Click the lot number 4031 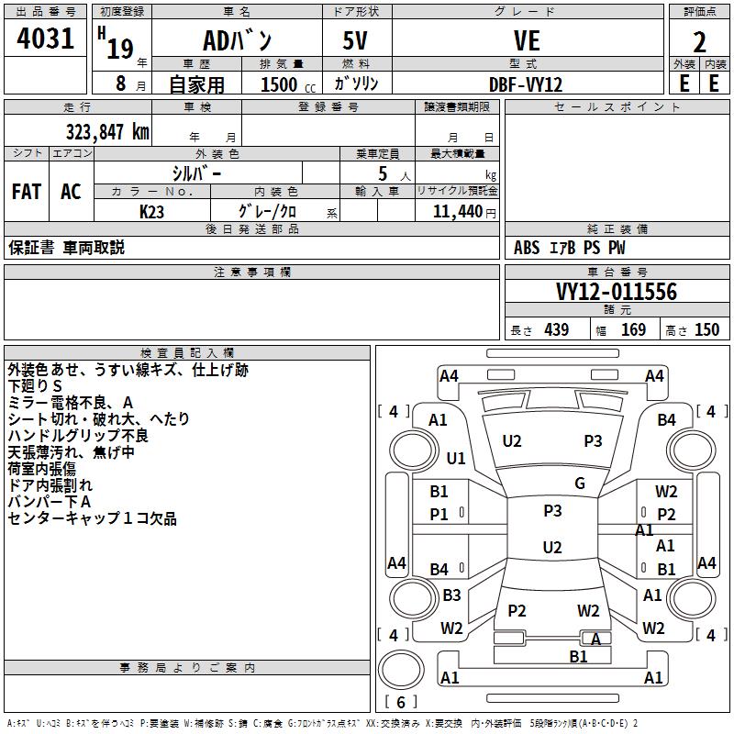tap(46, 39)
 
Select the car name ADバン tap(236, 41)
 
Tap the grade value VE tap(527, 41)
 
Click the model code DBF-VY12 tap(526, 84)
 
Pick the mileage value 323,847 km tap(107, 131)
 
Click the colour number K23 tap(152, 211)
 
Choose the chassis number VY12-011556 tap(617, 292)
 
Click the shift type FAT tap(27, 192)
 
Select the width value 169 tap(634, 329)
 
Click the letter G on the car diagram tap(580, 484)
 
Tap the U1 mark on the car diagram tap(456, 458)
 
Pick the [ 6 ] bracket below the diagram tap(400, 702)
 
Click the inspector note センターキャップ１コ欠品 tap(92, 519)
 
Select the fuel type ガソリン tap(356, 84)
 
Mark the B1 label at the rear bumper tap(578, 656)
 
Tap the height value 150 tap(706, 329)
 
